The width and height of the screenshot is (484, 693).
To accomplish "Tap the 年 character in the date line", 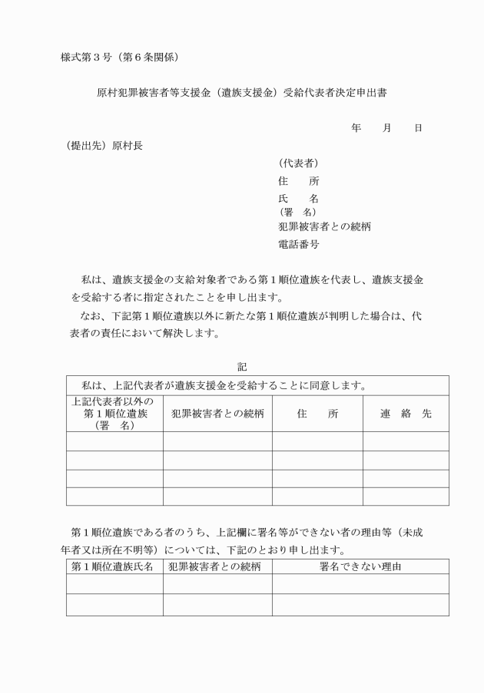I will tap(356, 128).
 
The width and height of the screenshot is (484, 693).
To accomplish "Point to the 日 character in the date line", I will tap(418, 128).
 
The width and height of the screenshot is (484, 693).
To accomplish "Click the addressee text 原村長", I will tap(127, 146).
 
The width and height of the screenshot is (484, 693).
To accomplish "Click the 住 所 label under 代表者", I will tap(298, 182).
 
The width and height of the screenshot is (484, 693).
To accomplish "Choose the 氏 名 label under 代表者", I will tap(298, 200).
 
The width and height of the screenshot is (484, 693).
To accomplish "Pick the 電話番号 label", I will tap(298, 245).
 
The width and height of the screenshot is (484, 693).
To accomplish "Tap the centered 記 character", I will tap(242, 367).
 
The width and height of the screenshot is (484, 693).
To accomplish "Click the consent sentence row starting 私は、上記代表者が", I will tap(217, 384).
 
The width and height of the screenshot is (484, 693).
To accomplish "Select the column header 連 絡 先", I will tap(406, 414).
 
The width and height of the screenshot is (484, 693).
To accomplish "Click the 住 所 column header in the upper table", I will tap(317, 414).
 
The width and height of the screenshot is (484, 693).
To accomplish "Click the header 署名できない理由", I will tap(360, 567).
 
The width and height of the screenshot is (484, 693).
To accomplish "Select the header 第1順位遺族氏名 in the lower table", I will tap(114, 567).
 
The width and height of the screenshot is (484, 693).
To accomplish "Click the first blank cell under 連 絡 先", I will tap(406, 441).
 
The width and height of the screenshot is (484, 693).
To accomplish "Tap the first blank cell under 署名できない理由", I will tap(360, 584).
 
